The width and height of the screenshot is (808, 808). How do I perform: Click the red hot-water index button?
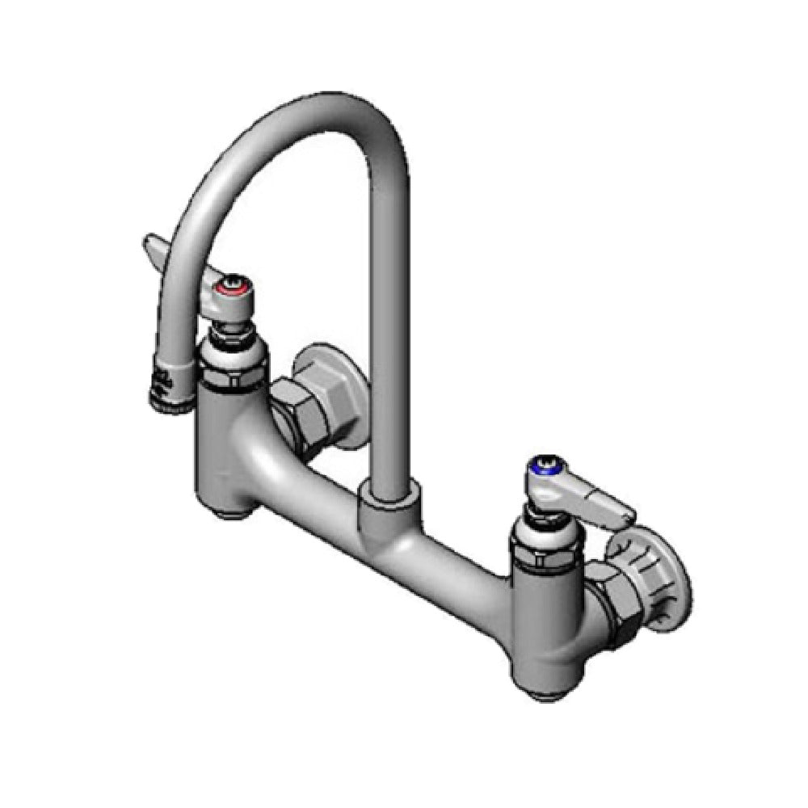point(229,288)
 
